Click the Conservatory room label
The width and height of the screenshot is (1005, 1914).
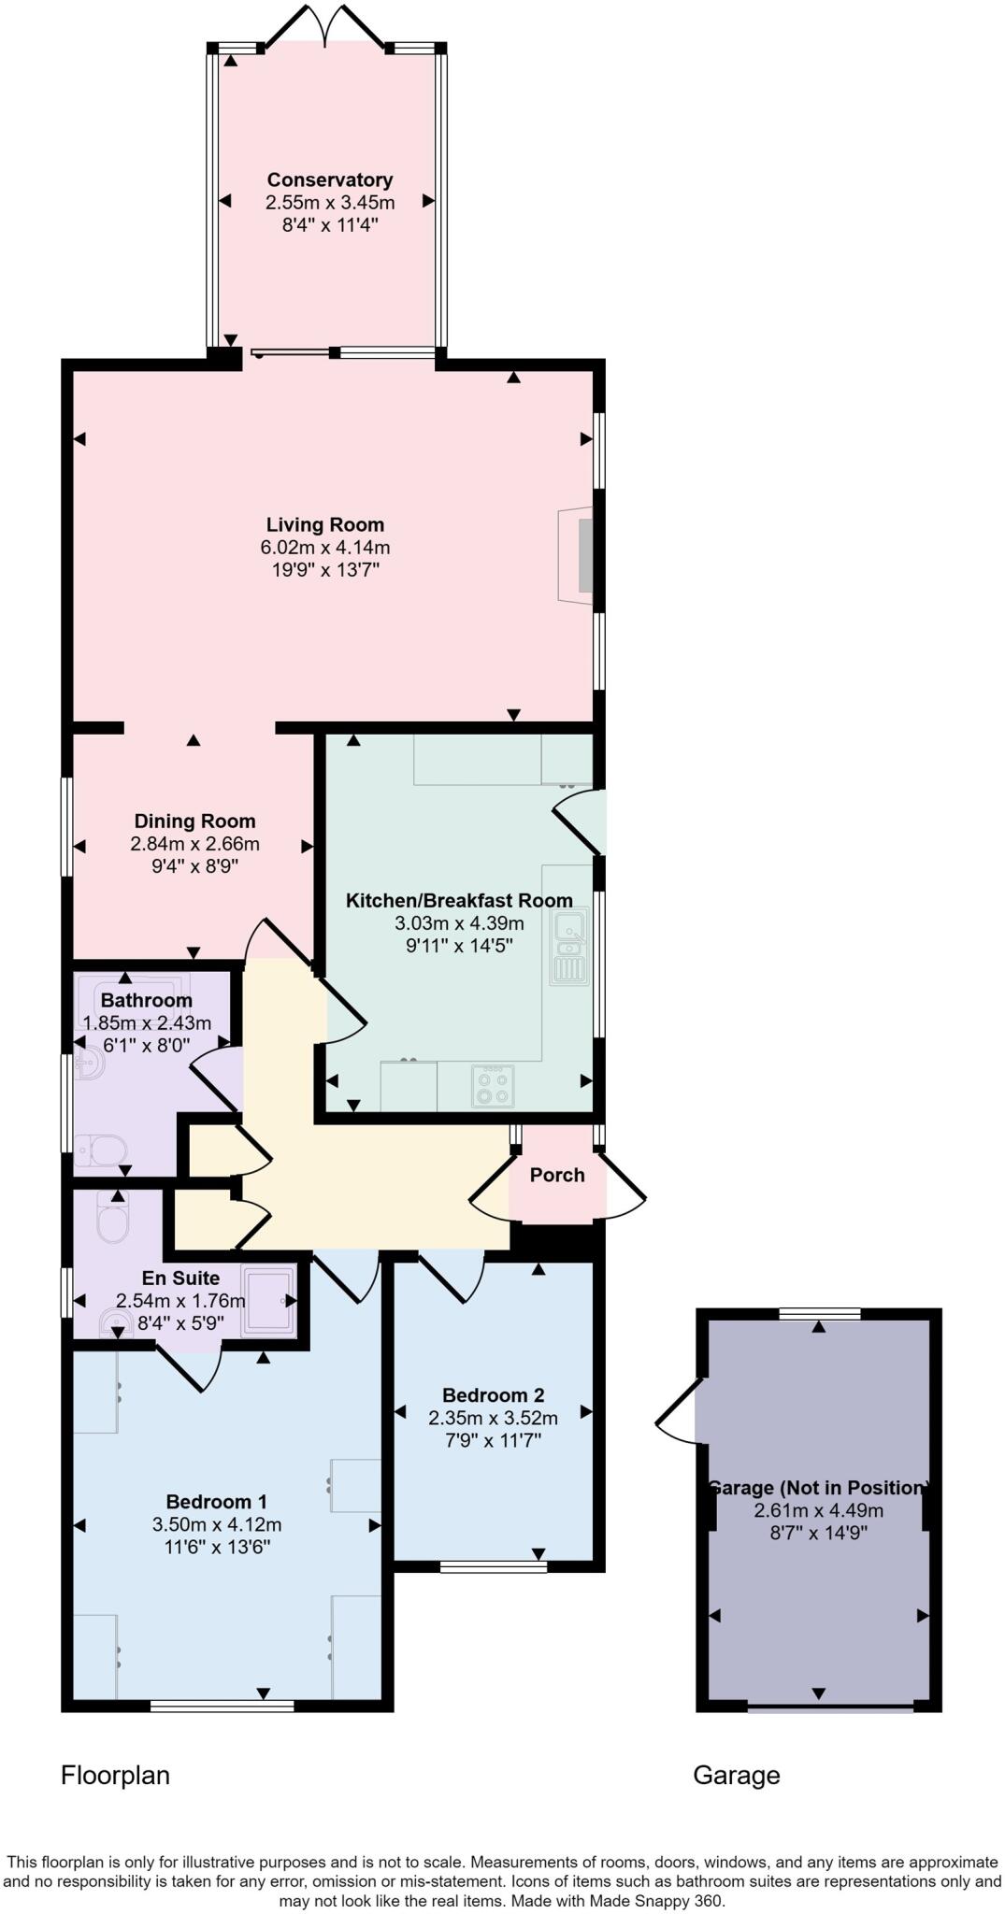[329, 179]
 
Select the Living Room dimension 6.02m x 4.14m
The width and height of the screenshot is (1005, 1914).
[324, 548]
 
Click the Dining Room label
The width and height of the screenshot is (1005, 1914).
[194, 821]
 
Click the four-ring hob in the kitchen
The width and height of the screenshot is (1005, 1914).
[493, 1085]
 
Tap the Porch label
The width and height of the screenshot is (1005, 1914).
[557, 1175]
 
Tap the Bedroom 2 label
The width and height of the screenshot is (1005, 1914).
[493, 1395]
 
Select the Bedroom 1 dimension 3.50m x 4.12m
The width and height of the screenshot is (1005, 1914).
[217, 1524]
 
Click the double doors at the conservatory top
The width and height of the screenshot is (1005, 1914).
[324, 26]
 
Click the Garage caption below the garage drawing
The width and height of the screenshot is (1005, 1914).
[736, 1776]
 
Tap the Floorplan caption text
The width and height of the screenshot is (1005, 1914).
[115, 1776]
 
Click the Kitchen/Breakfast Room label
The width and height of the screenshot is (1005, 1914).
[459, 901]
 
